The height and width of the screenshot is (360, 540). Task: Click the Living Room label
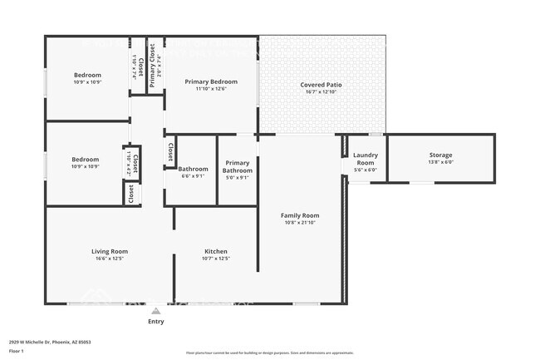pyautogui.click(x=110, y=251)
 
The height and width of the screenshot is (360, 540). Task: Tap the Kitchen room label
pyautogui.click(x=216, y=251)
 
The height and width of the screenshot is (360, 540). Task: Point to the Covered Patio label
pyautogui.click(x=321, y=85)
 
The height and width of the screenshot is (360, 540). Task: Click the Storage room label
pyautogui.click(x=440, y=155)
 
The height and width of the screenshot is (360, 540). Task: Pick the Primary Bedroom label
pyautogui.click(x=211, y=81)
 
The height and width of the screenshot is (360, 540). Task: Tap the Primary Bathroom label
pyautogui.click(x=238, y=166)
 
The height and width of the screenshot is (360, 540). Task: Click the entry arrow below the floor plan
pyautogui.click(x=156, y=310)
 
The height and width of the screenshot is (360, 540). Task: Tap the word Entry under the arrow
pyautogui.click(x=156, y=321)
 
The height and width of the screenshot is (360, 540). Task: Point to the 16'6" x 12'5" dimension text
pyautogui.click(x=110, y=259)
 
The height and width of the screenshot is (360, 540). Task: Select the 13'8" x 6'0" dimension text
pyautogui.click(x=440, y=163)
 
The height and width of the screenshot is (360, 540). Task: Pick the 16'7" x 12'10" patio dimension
pyautogui.click(x=321, y=92)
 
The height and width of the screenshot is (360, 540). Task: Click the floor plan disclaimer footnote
pyautogui.click(x=269, y=353)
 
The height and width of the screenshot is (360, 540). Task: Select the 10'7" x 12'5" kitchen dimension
pyautogui.click(x=216, y=259)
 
